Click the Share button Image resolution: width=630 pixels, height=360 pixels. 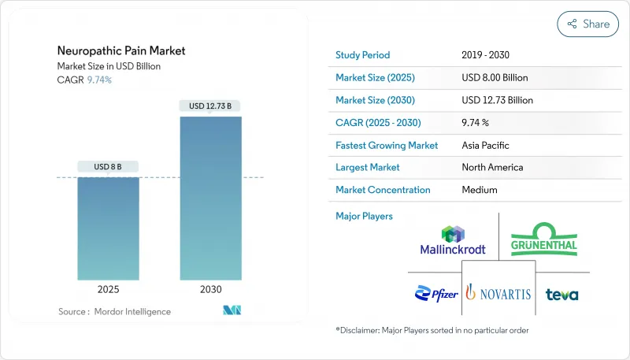tap(588, 24)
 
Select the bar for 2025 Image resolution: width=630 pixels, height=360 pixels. tap(109, 228)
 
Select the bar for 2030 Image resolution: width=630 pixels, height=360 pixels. tap(211, 199)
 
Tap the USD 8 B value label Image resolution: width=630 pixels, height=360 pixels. tap(109, 166)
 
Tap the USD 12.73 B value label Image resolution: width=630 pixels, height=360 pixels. tap(211, 106)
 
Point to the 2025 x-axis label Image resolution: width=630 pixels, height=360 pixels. tap(109, 289)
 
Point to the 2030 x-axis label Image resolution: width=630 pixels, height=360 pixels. tap(211, 289)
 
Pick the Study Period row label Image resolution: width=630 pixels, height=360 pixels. tap(362, 55)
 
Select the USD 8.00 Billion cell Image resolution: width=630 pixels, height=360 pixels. tap(495, 78)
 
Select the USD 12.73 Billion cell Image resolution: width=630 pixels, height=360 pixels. tap(498, 100)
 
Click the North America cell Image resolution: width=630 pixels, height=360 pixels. tap(493, 167)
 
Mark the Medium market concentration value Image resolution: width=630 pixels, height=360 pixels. tap(479, 190)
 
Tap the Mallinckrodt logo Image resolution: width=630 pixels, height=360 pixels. tap(453, 240)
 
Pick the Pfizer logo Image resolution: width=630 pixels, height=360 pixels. tap(436, 294)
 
